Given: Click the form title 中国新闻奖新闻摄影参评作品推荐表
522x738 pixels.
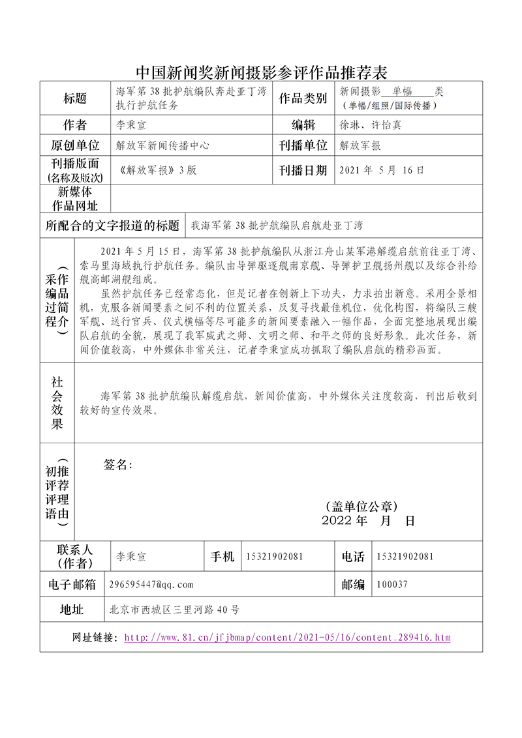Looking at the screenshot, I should coord(261,71).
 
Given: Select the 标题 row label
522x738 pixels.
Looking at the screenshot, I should coord(75,98).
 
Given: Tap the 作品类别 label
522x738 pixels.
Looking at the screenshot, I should coord(303,98).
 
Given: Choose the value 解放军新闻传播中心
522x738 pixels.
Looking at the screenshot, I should coord(162,146).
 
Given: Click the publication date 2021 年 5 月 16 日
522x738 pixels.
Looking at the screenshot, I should coord(382,170).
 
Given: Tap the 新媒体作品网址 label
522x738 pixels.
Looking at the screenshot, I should coord(75,199).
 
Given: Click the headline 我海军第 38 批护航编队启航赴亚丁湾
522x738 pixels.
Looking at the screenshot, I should coord(277,226).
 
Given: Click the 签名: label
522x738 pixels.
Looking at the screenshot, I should coord(118,465).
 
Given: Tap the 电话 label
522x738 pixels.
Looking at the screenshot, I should coord(353,557).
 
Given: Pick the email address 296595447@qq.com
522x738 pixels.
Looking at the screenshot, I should coord(151,585).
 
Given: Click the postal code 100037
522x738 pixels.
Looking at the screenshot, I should coord(392,585).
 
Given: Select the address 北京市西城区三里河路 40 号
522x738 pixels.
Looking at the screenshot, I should coord(175,610).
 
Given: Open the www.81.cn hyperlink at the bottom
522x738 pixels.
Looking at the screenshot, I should coord(287,638).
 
